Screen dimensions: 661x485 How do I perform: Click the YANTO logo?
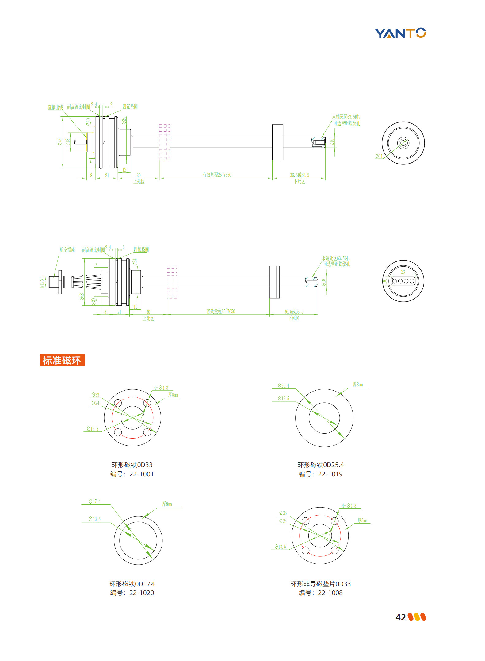tap(400, 33)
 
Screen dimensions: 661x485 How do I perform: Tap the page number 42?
tap(400, 617)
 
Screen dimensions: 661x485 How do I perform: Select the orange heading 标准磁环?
tap(62, 360)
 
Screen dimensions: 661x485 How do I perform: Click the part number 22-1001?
tap(141, 474)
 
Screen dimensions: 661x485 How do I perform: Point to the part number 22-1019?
tap(330, 474)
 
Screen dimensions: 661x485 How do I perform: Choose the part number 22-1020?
tap(141, 593)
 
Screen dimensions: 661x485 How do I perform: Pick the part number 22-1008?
tap(330, 593)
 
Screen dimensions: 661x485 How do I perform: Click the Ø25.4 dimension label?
tap(284, 386)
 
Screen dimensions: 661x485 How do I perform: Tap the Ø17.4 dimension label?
tap(95, 501)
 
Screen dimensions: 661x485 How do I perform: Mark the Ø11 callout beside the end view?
tap(379, 156)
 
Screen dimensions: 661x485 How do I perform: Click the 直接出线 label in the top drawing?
tap(55, 107)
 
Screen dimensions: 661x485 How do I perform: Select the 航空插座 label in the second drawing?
tap(67, 250)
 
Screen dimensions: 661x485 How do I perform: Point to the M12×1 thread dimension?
tap(42, 282)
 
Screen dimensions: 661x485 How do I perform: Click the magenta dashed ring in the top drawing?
tap(165, 142)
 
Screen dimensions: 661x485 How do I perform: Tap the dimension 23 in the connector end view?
tap(403, 272)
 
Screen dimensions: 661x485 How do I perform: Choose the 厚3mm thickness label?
tap(362, 520)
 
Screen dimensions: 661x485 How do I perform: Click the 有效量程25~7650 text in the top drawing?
tap(217, 175)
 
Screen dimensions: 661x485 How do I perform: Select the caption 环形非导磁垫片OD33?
tap(321, 584)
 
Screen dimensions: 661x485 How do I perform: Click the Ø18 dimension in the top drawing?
tap(68, 142)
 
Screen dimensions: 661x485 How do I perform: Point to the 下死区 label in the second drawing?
tap(294, 318)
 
